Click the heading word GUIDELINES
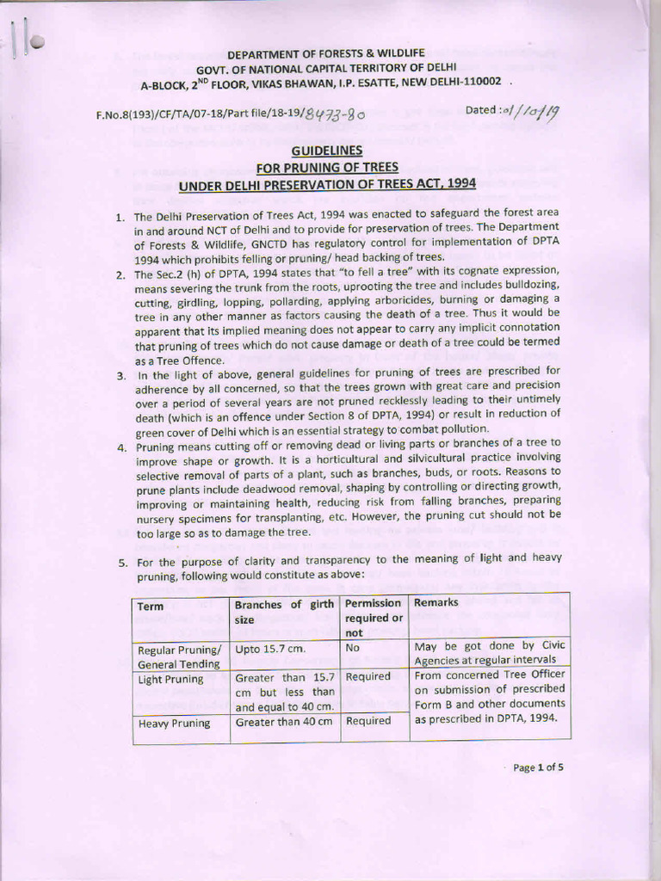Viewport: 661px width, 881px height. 326,151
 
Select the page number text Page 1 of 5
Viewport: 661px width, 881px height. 539,768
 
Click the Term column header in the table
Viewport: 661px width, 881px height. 151,607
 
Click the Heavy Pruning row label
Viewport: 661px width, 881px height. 174,724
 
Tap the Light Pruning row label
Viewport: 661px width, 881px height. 171,679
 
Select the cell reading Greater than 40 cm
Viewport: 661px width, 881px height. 283,723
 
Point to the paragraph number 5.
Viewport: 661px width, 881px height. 121,563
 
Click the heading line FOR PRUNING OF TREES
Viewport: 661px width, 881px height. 326,167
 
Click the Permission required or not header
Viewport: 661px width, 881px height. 374,618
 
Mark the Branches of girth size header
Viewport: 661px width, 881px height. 284,611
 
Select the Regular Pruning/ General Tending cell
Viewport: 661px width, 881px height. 180,656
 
